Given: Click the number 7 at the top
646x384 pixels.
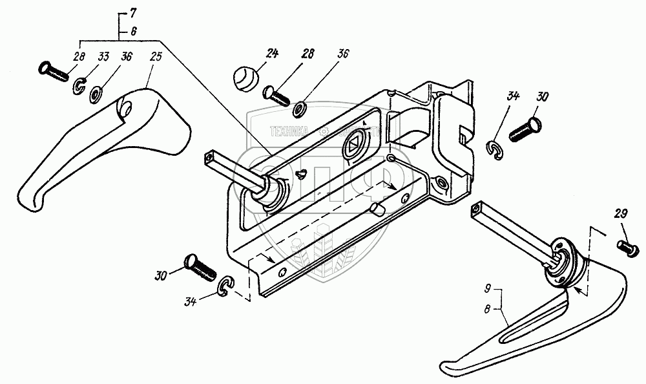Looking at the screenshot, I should pyautogui.click(x=132, y=13).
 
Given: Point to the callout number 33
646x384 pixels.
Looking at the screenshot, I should pyautogui.click(x=103, y=56).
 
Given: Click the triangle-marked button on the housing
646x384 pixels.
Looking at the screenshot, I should pyautogui.click(x=353, y=144).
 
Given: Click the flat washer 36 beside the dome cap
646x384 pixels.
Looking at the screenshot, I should pyautogui.click(x=300, y=107).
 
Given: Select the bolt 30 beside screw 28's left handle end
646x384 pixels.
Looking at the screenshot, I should pyautogui.click(x=200, y=266).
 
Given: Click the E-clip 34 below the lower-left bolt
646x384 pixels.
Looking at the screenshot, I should pyautogui.click(x=227, y=286).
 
